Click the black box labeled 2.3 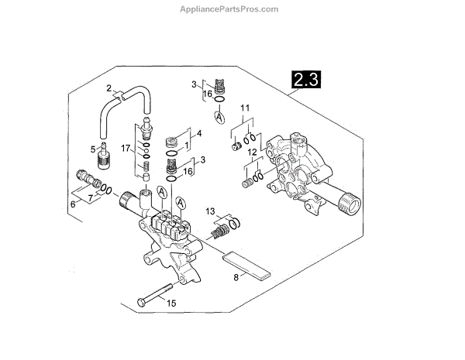tap(306, 78)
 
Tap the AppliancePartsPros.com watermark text tap(232, 9)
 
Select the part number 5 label tap(93, 149)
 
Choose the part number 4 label tap(198, 133)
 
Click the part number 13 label tap(210, 211)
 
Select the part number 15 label tap(172, 303)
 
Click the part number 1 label tap(187, 146)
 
